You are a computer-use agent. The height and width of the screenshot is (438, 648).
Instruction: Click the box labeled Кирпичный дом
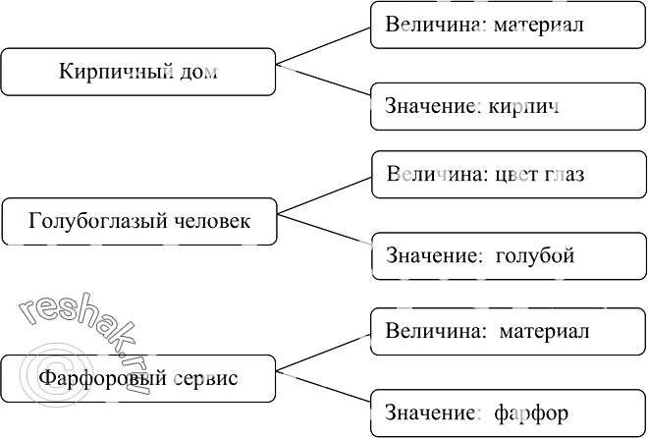click(x=137, y=72)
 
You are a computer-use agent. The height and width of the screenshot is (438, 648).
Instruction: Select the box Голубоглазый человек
click(x=139, y=221)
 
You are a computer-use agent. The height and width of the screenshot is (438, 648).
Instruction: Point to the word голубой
click(x=535, y=256)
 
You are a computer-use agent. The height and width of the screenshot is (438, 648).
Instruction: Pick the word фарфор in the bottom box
click(x=531, y=412)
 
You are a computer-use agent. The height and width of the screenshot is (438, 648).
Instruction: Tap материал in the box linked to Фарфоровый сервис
click(x=544, y=331)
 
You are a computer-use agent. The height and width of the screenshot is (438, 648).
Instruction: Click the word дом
click(x=198, y=72)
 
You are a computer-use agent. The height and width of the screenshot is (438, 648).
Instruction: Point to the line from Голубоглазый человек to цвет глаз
click(x=325, y=194)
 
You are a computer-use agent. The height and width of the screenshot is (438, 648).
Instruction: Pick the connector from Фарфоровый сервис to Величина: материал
click(x=325, y=351)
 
